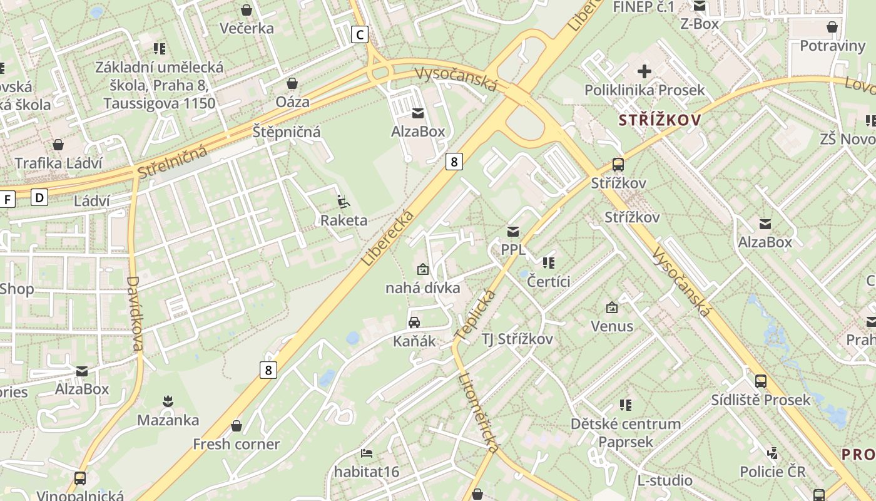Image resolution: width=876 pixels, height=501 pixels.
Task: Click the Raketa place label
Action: coord(344,220)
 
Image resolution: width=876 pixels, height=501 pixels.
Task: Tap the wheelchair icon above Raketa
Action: coord(343,202)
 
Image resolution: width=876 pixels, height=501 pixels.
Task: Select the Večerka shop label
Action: coord(247,28)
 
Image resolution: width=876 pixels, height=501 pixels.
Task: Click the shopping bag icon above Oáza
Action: coord(292,83)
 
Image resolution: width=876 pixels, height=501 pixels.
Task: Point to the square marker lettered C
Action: coord(359,34)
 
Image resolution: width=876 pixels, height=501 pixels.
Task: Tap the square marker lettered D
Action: coord(39,198)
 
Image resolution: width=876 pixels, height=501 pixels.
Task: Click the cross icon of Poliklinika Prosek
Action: coord(644,71)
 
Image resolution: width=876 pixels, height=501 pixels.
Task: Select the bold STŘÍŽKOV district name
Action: coord(660,120)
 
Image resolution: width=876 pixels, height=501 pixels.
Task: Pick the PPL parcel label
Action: coord(513,250)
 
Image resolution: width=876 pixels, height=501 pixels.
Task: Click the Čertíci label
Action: coord(549,281)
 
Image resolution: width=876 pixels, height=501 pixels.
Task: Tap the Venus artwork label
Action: coord(612,326)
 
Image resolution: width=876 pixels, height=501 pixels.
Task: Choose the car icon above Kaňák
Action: coord(414,323)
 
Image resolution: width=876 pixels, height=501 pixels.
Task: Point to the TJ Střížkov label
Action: coord(517,339)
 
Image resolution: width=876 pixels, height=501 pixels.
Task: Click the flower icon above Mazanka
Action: coord(168,401)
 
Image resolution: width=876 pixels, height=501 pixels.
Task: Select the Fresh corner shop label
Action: coord(236,445)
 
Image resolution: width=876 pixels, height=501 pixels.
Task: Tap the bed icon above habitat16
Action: coord(367,453)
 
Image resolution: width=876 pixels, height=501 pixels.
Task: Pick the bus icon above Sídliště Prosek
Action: coord(760,381)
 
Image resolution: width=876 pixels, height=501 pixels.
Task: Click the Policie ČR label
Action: coord(772,472)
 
